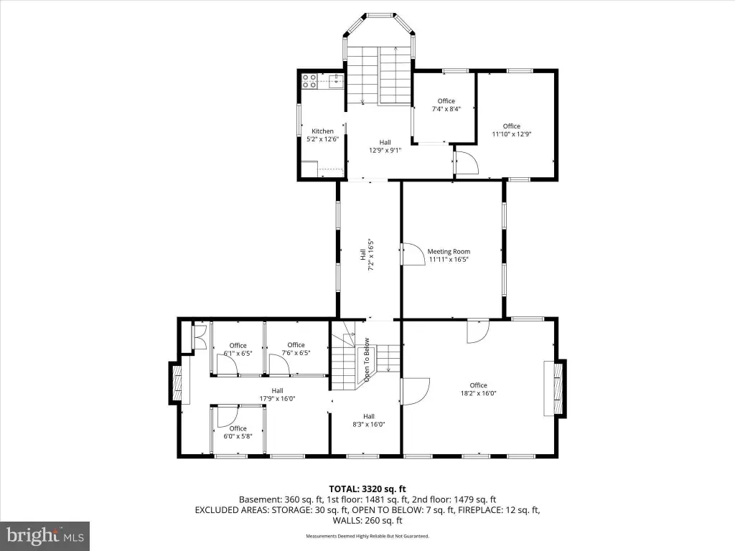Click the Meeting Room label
tap(449, 252)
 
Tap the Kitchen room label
tap(322, 131)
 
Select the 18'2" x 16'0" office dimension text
tap(478, 394)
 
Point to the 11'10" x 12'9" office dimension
tap(511, 134)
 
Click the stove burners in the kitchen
tap(309, 81)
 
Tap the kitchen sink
tap(336, 81)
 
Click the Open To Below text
tap(367, 359)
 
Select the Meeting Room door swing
tap(412, 253)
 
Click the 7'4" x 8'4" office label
tap(446, 105)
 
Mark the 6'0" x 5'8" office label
tap(238, 432)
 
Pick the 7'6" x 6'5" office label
tap(296, 349)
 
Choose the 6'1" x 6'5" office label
tap(238, 349)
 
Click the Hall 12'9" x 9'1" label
tap(385, 146)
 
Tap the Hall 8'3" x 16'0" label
tap(369, 420)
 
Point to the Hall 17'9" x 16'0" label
tap(277, 395)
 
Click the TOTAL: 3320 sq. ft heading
tap(367, 489)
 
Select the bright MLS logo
tap(45, 536)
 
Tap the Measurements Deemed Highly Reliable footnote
tap(367, 536)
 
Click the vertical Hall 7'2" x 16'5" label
tap(367, 255)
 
